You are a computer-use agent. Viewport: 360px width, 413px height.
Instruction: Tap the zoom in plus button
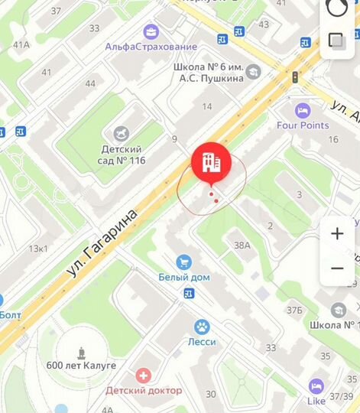[337, 234]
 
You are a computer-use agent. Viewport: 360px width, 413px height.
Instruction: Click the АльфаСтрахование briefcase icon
[151, 32]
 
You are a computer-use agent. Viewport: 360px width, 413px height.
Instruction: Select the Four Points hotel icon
[303, 111]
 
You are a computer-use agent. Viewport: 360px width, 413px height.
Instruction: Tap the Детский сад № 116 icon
[122, 134]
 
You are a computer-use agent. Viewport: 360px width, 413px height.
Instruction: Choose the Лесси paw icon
[203, 327]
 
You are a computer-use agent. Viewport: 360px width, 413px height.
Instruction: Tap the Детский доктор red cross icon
[143, 376]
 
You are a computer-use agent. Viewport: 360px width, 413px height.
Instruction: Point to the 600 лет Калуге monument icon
[80, 353]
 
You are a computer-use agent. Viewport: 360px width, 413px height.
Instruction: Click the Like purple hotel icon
[316, 386]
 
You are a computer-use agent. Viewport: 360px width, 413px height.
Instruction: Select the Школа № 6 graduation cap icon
[253, 72]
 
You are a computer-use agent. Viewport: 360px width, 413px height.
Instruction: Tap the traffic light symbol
[294, 77]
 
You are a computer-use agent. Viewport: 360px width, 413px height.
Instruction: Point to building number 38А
[242, 246]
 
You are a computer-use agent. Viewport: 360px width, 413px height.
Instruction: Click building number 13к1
[38, 249]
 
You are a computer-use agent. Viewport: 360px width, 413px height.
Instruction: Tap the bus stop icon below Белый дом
[189, 294]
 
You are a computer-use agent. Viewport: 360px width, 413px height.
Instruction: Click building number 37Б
[295, 310]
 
